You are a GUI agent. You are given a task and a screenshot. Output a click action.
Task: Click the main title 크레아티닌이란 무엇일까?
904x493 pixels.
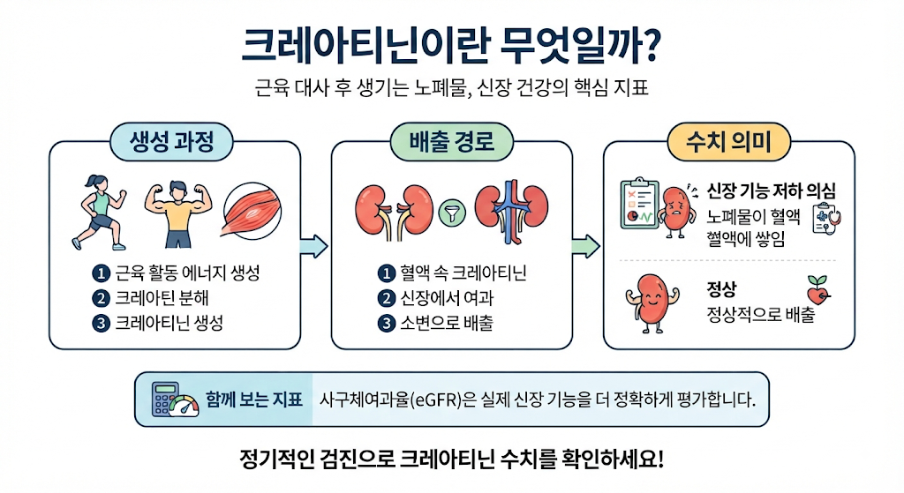click(450, 45)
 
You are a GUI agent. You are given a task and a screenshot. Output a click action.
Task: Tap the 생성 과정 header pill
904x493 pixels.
click(172, 142)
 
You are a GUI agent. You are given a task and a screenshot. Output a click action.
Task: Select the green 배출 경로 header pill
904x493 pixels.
click(451, 142)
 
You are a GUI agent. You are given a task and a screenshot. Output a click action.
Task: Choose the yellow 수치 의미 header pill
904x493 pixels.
click(728, 142)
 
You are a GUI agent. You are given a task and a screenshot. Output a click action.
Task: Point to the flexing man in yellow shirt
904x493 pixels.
click(178, 214)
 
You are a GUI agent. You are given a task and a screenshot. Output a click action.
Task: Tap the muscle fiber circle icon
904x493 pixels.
click(252, 211)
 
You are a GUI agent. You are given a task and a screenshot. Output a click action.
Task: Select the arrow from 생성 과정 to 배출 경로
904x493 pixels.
click(313, 247)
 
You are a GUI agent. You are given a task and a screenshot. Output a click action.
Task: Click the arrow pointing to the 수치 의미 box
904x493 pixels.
click(586, 247)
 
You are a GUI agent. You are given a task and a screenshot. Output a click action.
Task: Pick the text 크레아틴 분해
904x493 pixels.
click(162, 298)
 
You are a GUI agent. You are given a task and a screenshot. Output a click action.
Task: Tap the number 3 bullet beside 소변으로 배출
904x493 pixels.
click(387, 323)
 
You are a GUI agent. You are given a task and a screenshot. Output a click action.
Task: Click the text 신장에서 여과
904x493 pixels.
click(448, 298)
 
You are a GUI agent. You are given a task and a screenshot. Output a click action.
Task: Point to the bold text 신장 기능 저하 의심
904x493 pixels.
click(772, 190)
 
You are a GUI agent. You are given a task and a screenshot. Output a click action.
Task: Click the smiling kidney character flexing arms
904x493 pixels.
click(652, 303)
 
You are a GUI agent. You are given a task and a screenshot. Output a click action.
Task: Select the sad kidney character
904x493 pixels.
click(675, 212)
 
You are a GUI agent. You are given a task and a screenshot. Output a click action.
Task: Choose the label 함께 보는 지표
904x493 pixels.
click(254, 400)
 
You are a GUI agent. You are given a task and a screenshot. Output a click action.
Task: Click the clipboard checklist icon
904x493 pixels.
click(639, 204)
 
